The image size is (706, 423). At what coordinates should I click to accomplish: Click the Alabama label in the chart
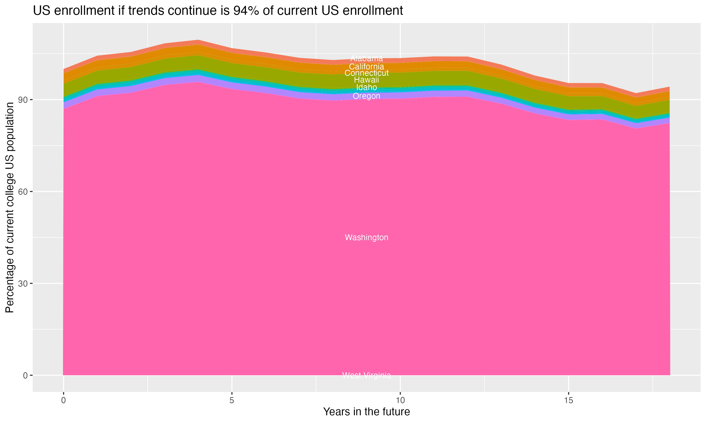pyautogui.click(x=366, y=59)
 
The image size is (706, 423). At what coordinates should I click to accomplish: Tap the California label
pyautogui.click(x=366, y=67)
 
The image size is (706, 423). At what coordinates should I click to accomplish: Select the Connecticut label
pyautogui.click(x=366, y=73)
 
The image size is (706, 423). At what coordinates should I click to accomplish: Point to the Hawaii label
pyautogui.click(x=366, y=80)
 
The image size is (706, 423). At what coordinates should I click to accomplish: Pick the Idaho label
pyautogui.click(x=366, y=87)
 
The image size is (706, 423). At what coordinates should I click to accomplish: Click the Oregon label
pyautogui.click(x=366, y=96)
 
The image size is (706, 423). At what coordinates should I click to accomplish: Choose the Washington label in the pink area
pyautogui.click(x=366, y=237)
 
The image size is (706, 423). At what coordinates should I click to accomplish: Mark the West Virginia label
pyautogui.click(x=366, y=375)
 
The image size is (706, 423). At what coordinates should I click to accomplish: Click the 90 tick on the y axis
pyautogui.click(x=25, y=100)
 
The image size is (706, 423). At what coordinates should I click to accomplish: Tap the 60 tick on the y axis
pyautogui.click(x=25, y=192)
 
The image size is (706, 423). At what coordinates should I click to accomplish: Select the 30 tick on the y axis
pyautogui.click(x=25, y=284)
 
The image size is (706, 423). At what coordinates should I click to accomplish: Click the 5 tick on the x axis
pyautogui.click(x=232, y=400)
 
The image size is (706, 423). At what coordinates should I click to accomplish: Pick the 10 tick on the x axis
pyautogui.click(x=400, y=400)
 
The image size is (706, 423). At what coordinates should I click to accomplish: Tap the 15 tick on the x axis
pyautogui.click(x=569, y=400)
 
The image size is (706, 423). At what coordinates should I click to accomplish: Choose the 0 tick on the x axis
pyautogui.click(x=63, y=400)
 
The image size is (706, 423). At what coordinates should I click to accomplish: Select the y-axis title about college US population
pyautogui.click(x=10, y=208)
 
